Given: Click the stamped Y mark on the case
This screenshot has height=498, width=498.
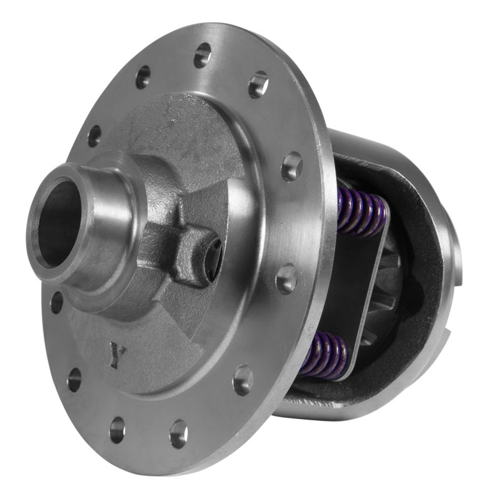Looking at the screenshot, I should (x=116, y=355).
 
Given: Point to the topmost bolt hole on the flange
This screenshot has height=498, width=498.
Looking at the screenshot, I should (x=202, y=56).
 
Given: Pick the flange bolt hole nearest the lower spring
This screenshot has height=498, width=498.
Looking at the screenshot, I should (x=242, y=379).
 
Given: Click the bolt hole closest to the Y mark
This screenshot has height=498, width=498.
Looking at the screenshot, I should (x=74, y=378).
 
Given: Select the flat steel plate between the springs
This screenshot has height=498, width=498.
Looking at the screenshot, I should (x=358, y=293).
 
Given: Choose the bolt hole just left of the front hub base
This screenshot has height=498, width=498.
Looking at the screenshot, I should (x=56, y=303).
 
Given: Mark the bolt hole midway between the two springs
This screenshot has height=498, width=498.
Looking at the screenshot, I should (x=286, y=278).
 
